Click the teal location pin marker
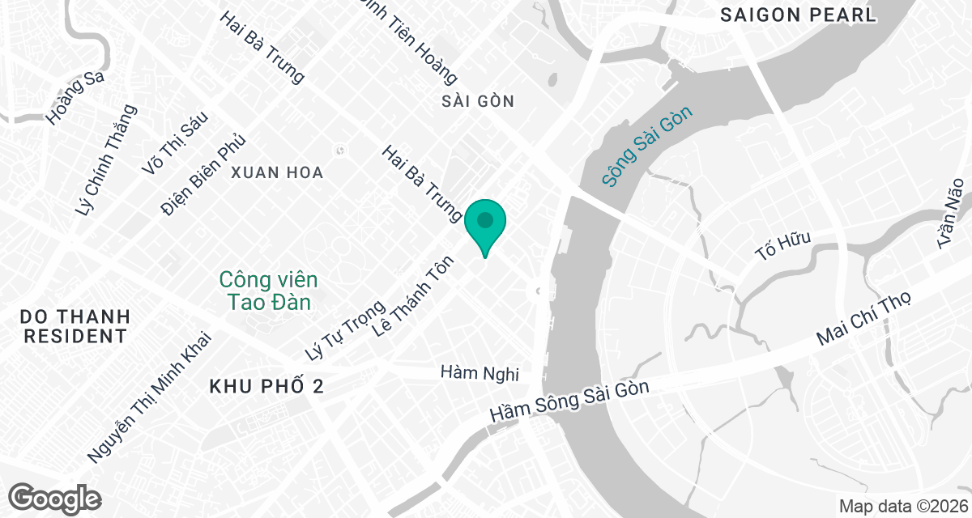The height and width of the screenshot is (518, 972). point(485,223)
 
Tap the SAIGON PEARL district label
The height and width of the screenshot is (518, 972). point(798,15)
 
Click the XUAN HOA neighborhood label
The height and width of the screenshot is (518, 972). point(277,172)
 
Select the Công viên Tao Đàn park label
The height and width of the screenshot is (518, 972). point(269,291)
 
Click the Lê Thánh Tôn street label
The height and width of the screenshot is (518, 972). point(410,299)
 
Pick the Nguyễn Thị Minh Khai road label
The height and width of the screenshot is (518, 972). point(149,397)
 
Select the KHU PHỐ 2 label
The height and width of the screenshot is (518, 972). point(266,387)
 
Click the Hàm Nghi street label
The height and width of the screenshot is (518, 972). point(479,373)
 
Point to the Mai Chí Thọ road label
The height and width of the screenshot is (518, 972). point(864,320)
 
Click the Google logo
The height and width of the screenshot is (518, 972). point(56,498)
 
